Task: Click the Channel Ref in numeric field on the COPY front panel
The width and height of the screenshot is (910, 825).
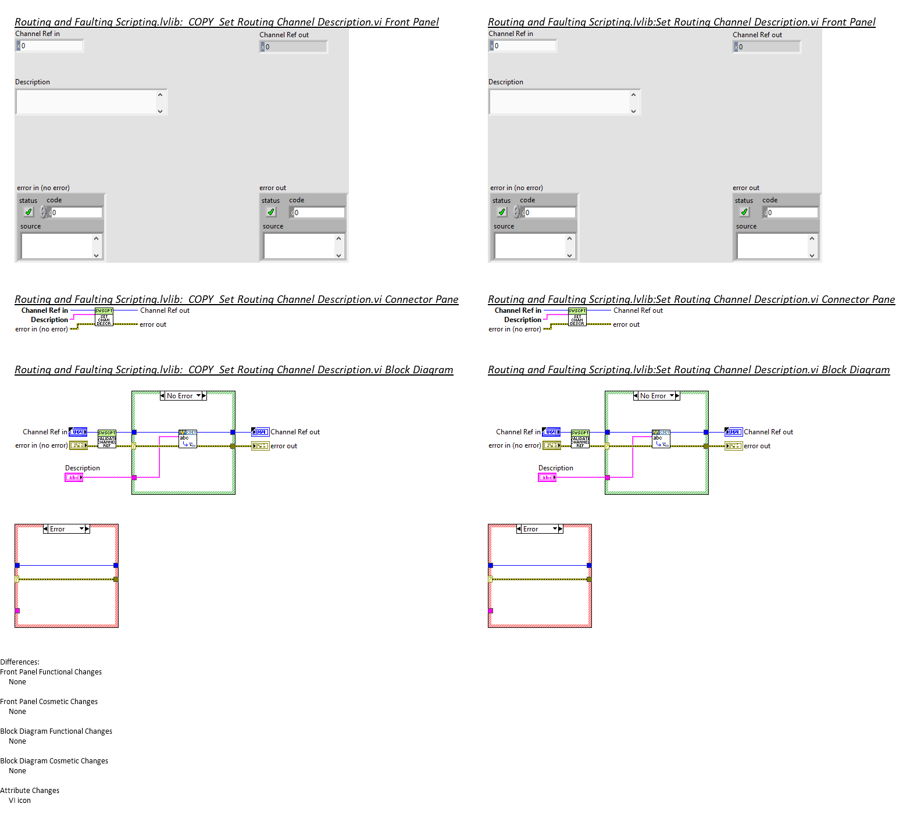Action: tap(51, 46)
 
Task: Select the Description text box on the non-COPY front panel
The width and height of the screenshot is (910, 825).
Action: tap(560, 102)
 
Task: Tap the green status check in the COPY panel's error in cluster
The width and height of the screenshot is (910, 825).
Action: tap(28, 212)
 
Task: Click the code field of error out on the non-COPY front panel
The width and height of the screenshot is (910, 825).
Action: tap(792, 213)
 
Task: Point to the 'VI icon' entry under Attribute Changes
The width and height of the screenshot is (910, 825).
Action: tap(20, 801)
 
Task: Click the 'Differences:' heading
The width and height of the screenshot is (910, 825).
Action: tap(20, 662)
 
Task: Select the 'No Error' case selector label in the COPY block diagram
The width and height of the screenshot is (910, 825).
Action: tap(180, 396)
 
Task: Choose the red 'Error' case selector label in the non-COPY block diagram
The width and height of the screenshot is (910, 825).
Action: tap(531, 529)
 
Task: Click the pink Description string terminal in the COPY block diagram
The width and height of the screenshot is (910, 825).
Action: tap(74, 477)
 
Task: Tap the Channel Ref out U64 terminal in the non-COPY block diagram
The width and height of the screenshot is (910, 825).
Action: tap(734, 432)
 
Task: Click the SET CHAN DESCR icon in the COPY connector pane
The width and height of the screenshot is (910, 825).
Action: tap(104, 317)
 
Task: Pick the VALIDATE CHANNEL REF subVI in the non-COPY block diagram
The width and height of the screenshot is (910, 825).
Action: tap(580, 439)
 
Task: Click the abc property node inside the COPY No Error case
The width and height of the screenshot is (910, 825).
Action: tap(188, 439)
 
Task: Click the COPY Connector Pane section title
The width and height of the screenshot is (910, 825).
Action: tap(236, 299)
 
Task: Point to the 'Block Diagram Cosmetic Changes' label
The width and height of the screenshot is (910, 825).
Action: tap(54, 761)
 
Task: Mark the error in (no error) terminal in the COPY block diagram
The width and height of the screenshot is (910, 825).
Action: tap(78, 446)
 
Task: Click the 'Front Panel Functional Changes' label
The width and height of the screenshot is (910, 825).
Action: tap(51, 672)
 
